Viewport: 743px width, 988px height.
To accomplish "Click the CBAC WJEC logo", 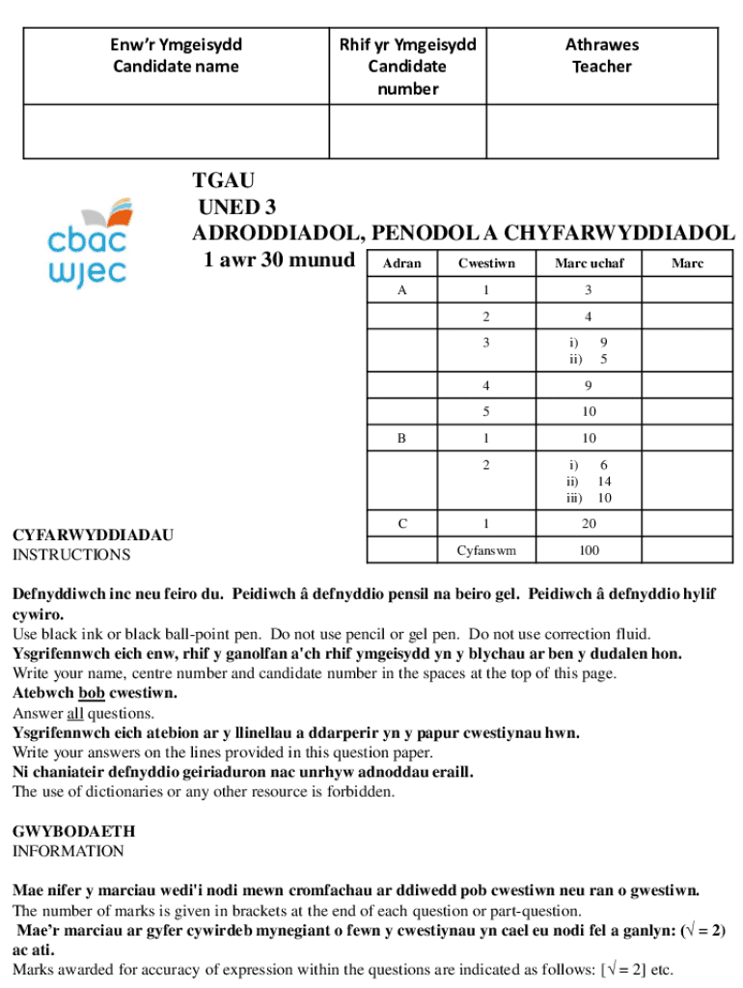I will pos(87,242).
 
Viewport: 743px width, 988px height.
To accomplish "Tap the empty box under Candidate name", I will pos(176,131).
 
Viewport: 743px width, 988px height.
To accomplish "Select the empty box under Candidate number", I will pos(407,131).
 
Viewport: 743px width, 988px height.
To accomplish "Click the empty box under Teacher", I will pos(601,131).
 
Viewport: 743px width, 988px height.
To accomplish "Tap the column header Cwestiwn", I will pos(486,263).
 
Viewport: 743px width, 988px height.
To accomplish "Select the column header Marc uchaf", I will pos(589,263).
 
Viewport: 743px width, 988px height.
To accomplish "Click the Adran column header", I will pos(401,263).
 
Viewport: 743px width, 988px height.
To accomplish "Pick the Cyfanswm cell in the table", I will pos(486,551).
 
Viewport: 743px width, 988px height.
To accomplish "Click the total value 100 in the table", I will pos(589,551).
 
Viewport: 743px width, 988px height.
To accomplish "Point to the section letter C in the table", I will pos(401,524).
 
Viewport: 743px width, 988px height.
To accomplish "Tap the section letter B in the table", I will pos(401,438).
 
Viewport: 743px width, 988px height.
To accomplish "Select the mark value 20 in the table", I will pos(589,524).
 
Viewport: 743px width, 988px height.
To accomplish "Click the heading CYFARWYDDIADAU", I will pos(93,535).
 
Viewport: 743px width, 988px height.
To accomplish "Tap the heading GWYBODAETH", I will pos(73,831).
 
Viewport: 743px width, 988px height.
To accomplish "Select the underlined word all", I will pos(75,714).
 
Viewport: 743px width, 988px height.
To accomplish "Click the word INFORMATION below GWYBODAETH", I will pos(68,851).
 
